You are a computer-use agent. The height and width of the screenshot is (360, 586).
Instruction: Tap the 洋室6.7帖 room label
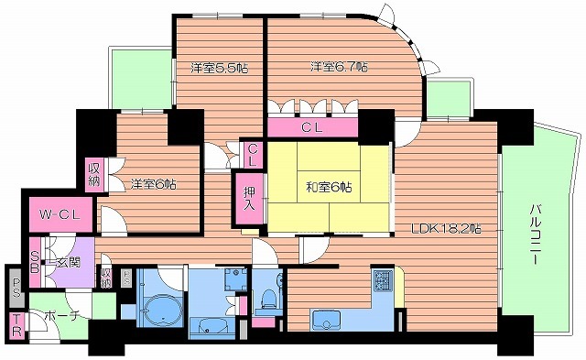pos(339,67)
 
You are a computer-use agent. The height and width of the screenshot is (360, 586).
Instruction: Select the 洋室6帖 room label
pos(153,183)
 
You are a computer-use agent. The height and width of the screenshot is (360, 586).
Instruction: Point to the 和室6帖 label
pos(324,188)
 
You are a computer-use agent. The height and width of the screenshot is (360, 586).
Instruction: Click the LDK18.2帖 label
pos(447,227)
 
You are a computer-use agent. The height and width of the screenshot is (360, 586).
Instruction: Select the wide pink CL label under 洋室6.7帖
pos(313,127)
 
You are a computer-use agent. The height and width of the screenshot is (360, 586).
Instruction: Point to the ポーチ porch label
pos(59,316)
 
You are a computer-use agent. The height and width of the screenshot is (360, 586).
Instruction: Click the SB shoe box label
pos(35,262)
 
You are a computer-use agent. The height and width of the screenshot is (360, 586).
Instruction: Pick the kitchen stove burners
pos(383,281)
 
